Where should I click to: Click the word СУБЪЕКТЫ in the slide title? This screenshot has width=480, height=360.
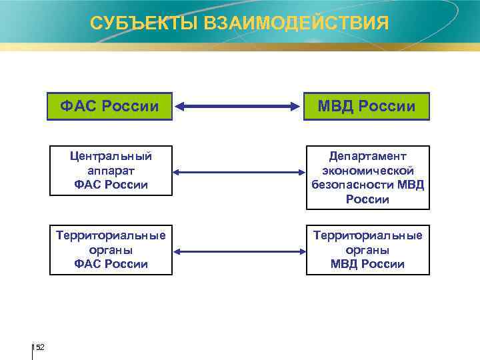click(135, 24)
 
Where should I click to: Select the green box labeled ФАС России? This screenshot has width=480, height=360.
click(109, 106)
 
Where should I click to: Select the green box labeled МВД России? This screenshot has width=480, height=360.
click(367, 106)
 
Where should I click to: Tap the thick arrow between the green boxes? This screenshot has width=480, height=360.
click(238, 105)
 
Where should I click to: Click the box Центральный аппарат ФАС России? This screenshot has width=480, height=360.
click(110, 171)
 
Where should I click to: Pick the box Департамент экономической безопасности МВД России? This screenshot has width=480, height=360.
click(367, 177)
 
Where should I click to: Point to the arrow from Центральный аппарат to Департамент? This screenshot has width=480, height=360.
click(238, 173)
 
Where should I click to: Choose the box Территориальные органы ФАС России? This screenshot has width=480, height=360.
click(110, 250)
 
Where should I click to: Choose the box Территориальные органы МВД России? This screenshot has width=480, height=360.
click(367, 250)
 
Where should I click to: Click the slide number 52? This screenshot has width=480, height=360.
click(40, 347)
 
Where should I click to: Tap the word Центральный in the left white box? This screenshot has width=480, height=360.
click(111, 157)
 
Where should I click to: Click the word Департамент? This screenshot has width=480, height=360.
click(367, 156)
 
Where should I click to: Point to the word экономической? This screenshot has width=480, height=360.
click(367, 171)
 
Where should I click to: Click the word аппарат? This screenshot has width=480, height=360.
click(111, 171)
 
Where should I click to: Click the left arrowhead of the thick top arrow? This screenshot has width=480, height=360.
click(181, 105)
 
